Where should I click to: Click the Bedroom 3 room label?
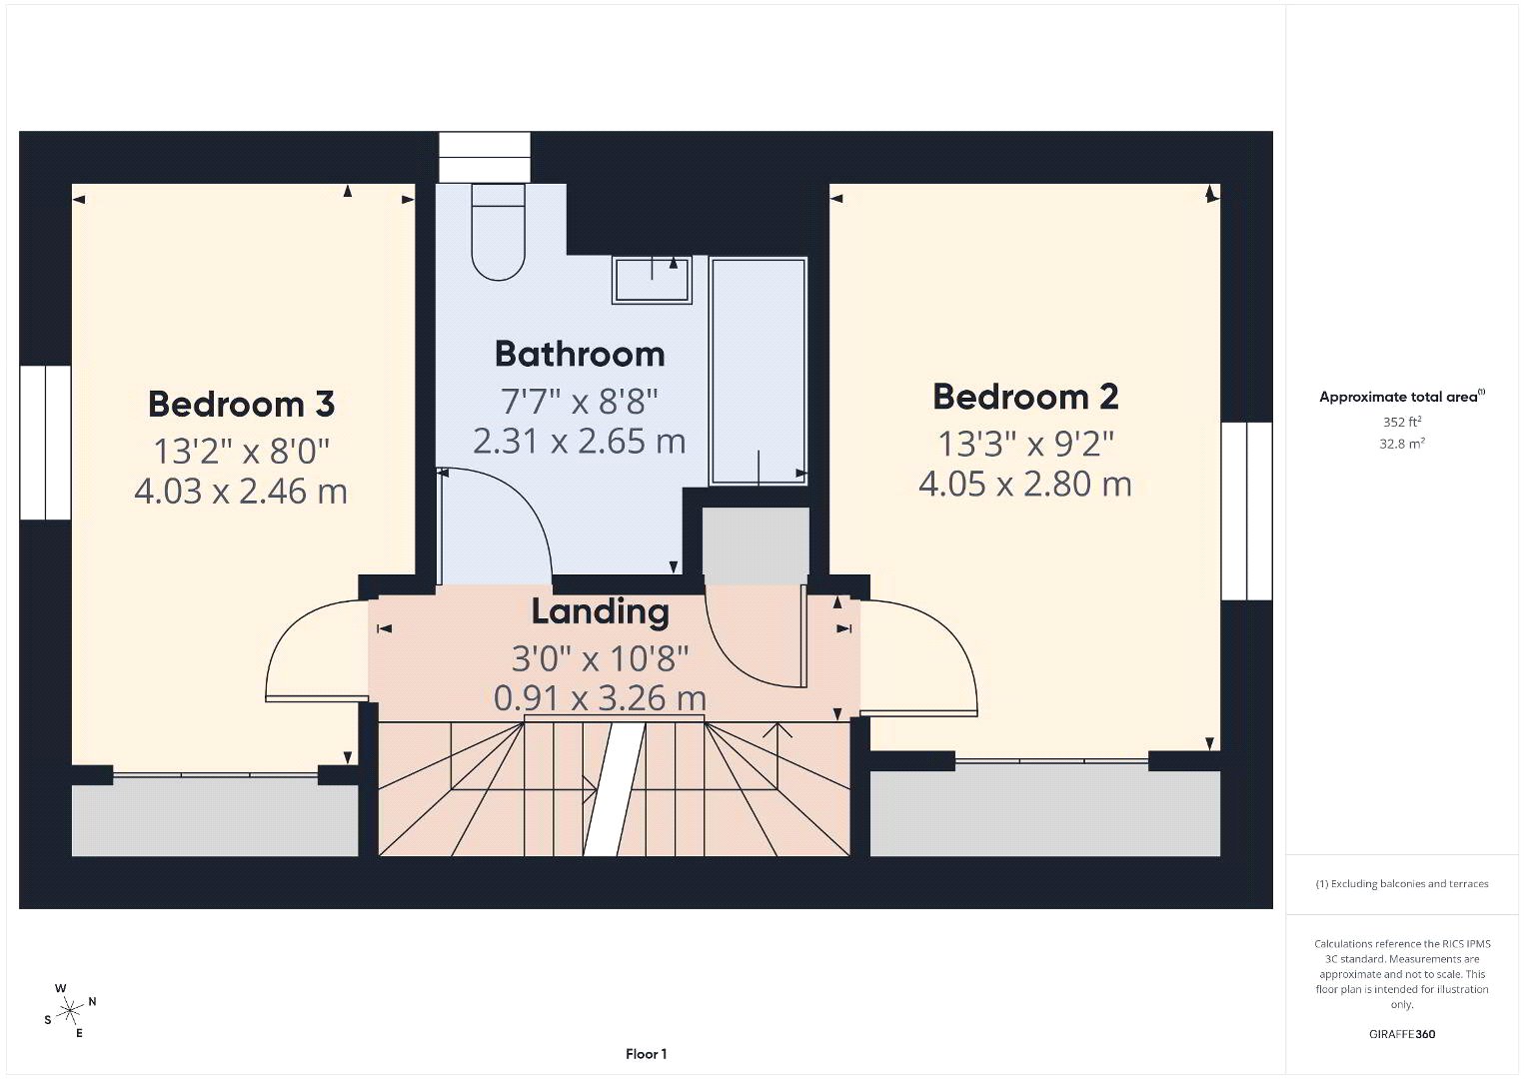242,404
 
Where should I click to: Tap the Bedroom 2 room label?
1025,397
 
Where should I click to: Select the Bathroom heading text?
580,354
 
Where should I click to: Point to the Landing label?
600,611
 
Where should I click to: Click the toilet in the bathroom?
499,232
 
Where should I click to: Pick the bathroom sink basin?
653,280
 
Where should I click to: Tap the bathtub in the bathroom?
759,371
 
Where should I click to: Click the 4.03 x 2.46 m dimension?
241,492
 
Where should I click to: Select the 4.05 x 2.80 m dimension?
1025,485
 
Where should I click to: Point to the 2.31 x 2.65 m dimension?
580,442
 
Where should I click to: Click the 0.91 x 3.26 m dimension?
600,698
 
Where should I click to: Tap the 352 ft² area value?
1402,422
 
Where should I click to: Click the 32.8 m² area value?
1402,444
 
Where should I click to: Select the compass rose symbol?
69,1010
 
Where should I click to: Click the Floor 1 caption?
647,1054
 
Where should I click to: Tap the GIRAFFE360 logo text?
1402,1034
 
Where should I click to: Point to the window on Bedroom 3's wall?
46,443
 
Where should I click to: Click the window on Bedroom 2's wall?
1246,512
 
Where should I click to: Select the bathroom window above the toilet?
484,157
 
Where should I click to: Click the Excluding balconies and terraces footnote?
1402,883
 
